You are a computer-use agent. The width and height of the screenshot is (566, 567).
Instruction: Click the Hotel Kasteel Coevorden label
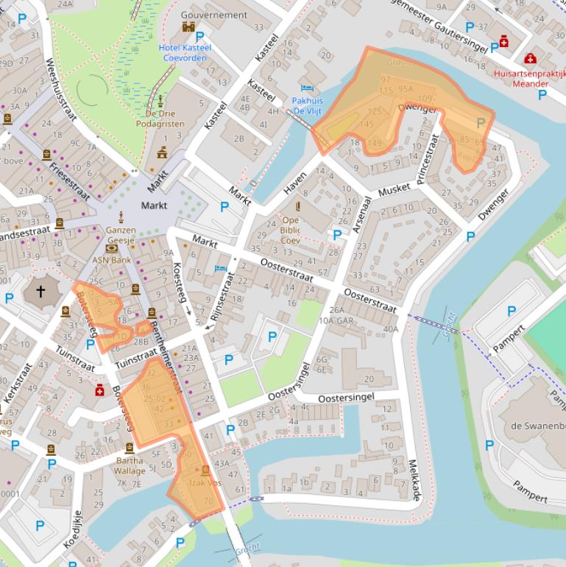pos(185,53)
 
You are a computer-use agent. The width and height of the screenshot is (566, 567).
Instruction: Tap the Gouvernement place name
pos(213,15)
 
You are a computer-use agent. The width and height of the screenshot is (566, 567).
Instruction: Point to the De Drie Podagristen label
pos(160,119)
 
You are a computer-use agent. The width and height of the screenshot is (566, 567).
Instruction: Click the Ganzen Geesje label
pos(121,235)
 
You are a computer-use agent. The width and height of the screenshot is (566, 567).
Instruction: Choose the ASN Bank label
pos(111,260)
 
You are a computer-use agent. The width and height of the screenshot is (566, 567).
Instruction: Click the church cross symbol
pos(40,292)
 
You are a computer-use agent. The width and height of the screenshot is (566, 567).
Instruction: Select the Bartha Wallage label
pos(130,465)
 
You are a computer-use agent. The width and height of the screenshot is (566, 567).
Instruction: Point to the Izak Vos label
pos(205,483)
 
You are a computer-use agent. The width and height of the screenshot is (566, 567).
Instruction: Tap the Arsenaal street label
pos(359,214)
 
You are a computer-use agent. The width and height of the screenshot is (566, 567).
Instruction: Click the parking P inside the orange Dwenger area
pos(481,123)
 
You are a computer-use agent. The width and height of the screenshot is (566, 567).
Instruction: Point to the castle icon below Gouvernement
pos(189,27)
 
